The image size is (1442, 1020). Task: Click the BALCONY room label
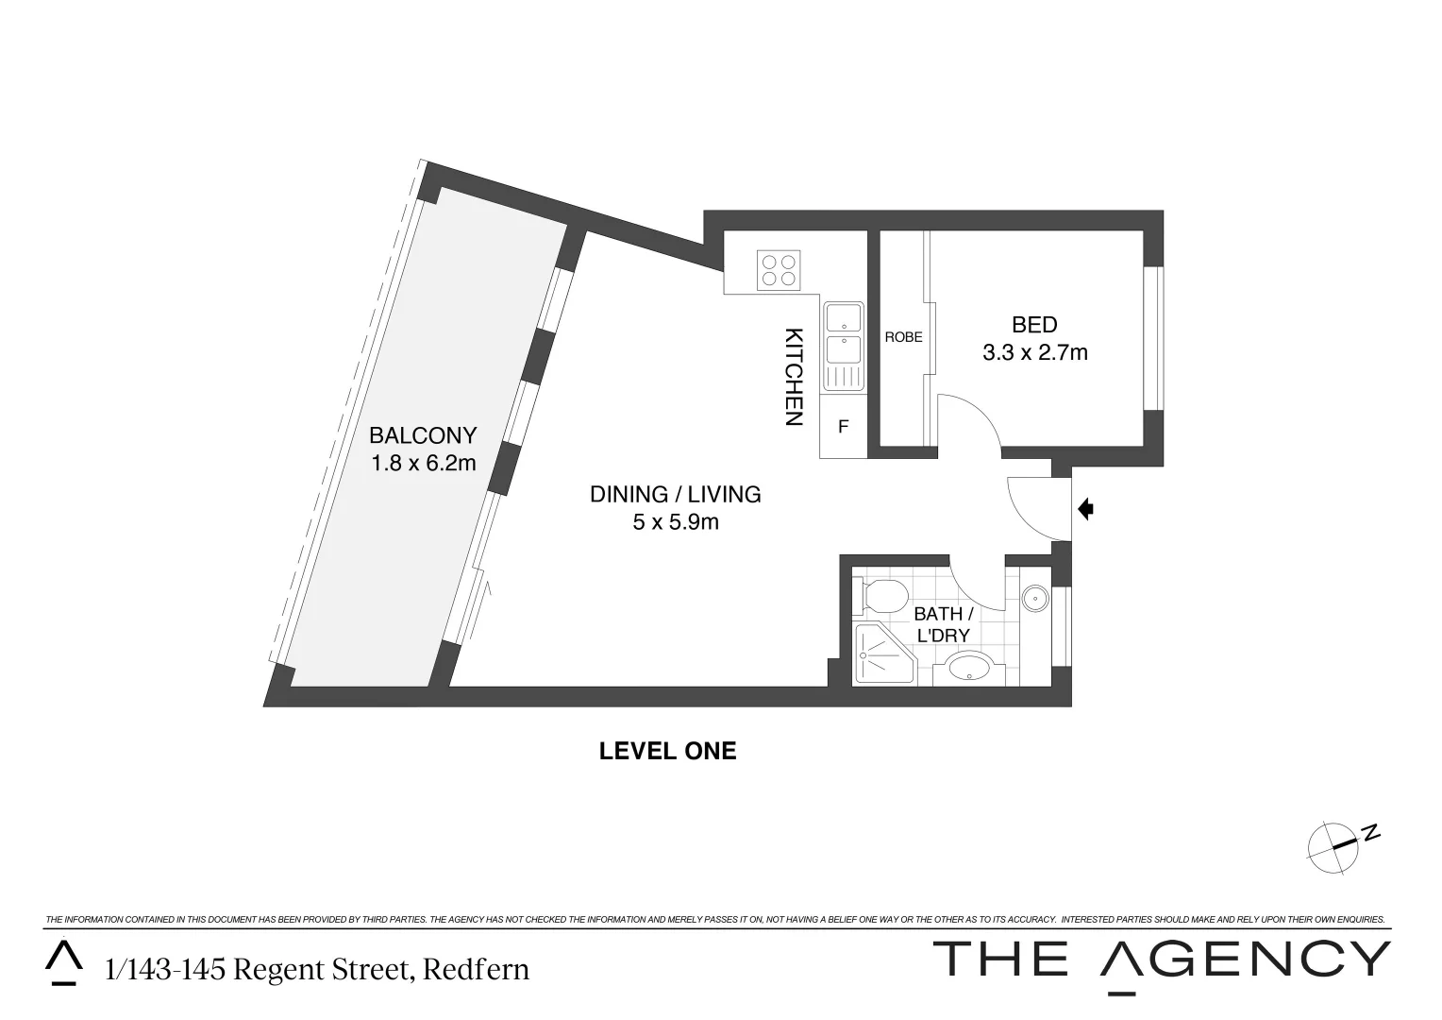423,435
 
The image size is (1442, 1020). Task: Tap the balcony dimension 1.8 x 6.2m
423,463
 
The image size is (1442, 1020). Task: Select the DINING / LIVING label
675,494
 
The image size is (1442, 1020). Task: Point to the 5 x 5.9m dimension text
676,521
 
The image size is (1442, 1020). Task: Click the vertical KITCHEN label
794,377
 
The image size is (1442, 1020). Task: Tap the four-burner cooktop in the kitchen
780,269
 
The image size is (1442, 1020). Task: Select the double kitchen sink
843,345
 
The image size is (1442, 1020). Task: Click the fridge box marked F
843,427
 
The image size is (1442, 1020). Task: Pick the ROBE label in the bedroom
903,337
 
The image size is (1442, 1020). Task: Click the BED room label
1034,325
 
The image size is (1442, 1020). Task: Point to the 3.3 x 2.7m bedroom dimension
1034,353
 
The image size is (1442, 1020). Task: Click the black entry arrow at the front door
1085,510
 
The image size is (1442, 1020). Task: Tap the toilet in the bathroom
880,597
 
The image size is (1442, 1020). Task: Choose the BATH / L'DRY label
943,624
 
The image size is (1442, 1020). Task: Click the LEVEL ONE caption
667,752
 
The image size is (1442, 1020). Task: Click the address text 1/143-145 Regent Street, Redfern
317,969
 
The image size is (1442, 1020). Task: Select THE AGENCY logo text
1161,960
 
